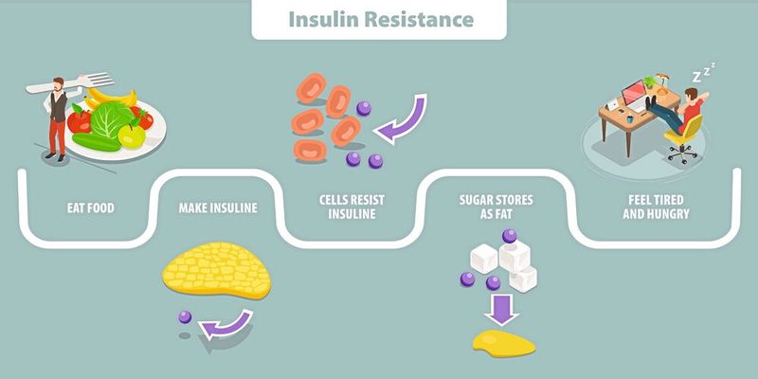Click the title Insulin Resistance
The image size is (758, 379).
pos(378,19)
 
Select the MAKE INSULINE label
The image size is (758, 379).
pos(219,208)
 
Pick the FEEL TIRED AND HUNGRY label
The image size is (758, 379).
pos(645,208)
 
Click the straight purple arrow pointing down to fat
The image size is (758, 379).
pos(496,308)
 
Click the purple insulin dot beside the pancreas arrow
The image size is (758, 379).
pos(185,316)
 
